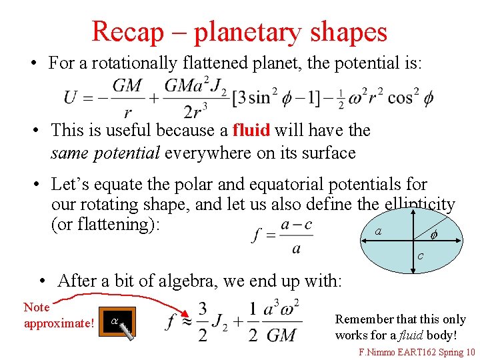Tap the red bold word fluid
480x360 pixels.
pos(251,130)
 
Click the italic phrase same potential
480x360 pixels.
pos(105,153)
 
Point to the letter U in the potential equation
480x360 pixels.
pos(71,97)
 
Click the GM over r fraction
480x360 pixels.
pos(127,97)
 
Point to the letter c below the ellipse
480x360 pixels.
pos(420,256)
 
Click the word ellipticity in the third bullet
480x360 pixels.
pos(419,205)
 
